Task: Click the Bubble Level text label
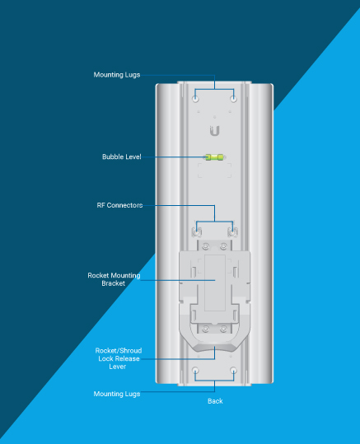(x=122, y=157)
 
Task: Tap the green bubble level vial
(x=214, y=157)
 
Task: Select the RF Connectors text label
(x=119, y=205)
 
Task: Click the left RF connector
(x=196, y=232)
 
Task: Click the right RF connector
(x=232, y=232)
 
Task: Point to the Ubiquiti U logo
(x=214, y=131)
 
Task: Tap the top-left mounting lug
(x=195, y=99)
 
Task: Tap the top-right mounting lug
(x=233, y=99)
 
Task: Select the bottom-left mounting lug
(x=195, y=370)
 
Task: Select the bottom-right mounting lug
(x=233, y=370)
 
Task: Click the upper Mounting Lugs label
(x=117, y=75)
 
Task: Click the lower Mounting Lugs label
(x=117, y=394)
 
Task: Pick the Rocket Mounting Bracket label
(x=114, y=279)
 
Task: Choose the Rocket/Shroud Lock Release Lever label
(x=119, y=358)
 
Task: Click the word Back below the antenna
(x=215, y=401)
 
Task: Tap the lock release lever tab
(x=214, y=348)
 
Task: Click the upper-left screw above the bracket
(x=206, y=246)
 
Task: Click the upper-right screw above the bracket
(x=223, y=246)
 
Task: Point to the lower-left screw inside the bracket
(x=206, y=329)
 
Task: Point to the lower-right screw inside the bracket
(x=223, y=329)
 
